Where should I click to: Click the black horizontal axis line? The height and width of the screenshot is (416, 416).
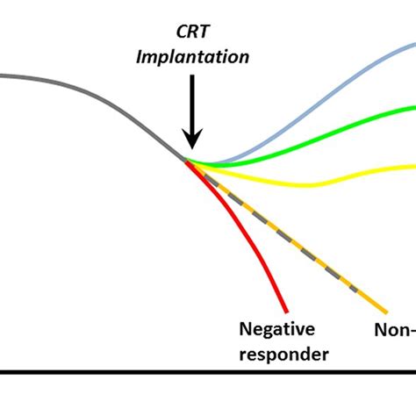(x=208, y=372)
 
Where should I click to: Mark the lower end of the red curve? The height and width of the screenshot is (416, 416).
(x=286, y=309)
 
